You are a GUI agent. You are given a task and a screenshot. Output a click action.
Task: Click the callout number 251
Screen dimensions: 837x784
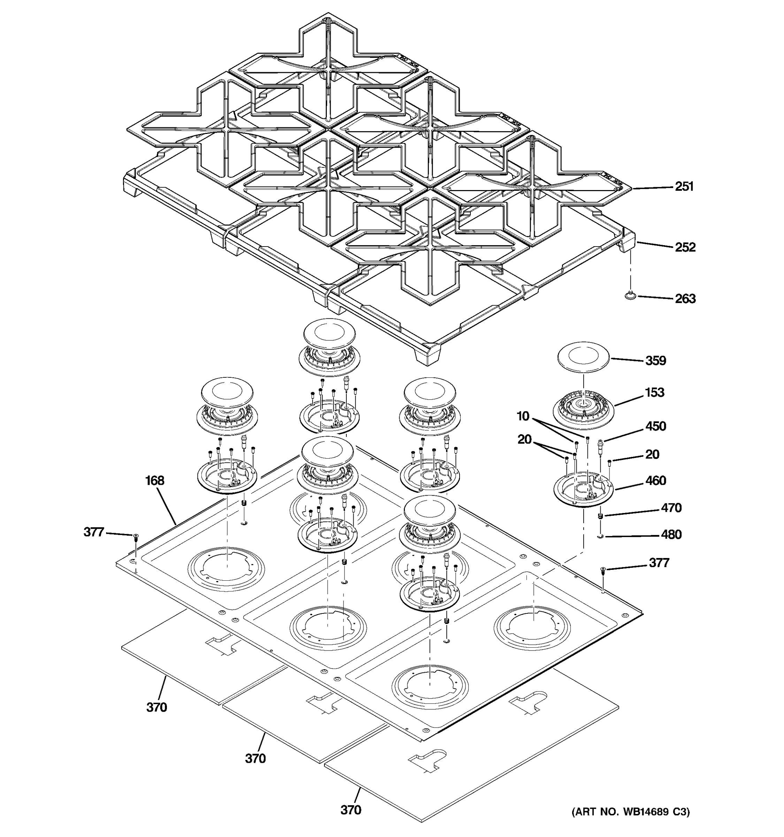click(684, 186)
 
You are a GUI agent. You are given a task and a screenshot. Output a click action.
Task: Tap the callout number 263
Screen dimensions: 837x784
click(685, 299)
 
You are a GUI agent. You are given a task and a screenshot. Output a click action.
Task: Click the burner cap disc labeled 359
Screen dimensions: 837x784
click(583, 359)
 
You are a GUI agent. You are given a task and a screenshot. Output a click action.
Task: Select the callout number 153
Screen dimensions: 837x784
click(654, 392)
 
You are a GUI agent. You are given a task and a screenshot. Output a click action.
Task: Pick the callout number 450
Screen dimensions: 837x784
click(656, 426)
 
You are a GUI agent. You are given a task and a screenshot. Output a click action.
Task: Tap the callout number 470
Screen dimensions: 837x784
click(671, 508)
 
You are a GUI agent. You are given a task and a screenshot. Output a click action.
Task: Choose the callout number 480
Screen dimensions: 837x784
click(671, 534)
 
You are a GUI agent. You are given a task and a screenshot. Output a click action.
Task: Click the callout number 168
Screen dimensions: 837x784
click(155, 480)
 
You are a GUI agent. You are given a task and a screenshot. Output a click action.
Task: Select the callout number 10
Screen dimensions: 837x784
click(523, 416)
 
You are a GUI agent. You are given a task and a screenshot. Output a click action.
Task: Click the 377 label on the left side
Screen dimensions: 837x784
click(94, 532)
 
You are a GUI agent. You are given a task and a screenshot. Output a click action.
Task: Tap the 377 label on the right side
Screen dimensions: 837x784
click(659, 563)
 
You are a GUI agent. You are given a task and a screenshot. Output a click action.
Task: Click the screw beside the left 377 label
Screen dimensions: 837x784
click(136, 537)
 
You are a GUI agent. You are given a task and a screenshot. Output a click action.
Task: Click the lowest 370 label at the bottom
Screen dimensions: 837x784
click(351, 810)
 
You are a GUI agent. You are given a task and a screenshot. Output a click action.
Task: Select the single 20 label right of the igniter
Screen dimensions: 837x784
click(652, 454)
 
